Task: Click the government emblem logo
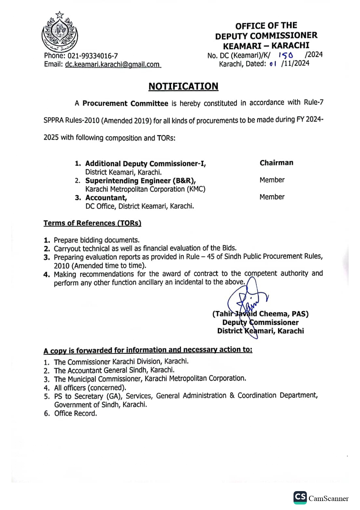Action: tap(60, 32)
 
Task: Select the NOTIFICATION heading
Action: tap(183, 86)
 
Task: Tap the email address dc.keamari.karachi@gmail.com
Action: tap(113, 64)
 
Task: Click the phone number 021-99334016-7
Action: tap(93, 56)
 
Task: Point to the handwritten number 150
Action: tap(286, 55)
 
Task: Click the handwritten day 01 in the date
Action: tap(273, 64)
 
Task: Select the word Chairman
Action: tap(276, 163)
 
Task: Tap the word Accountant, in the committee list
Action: tap(106, 198)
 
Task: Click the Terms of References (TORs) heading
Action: tap(92, 223)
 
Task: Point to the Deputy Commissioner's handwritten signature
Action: tap(248, 302)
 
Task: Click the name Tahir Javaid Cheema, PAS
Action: tap(260, 314)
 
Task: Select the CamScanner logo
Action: tap(321, 498)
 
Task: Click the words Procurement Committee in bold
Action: tap(125, 103)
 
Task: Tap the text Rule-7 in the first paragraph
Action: tap(314, 102)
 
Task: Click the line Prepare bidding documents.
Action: tap(96, 240)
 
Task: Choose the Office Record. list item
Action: tap(75, 413)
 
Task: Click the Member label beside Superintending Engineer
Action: tap(272, 180)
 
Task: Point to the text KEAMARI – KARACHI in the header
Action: tap(266, 46)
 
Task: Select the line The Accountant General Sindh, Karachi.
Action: tap(114, 370)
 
